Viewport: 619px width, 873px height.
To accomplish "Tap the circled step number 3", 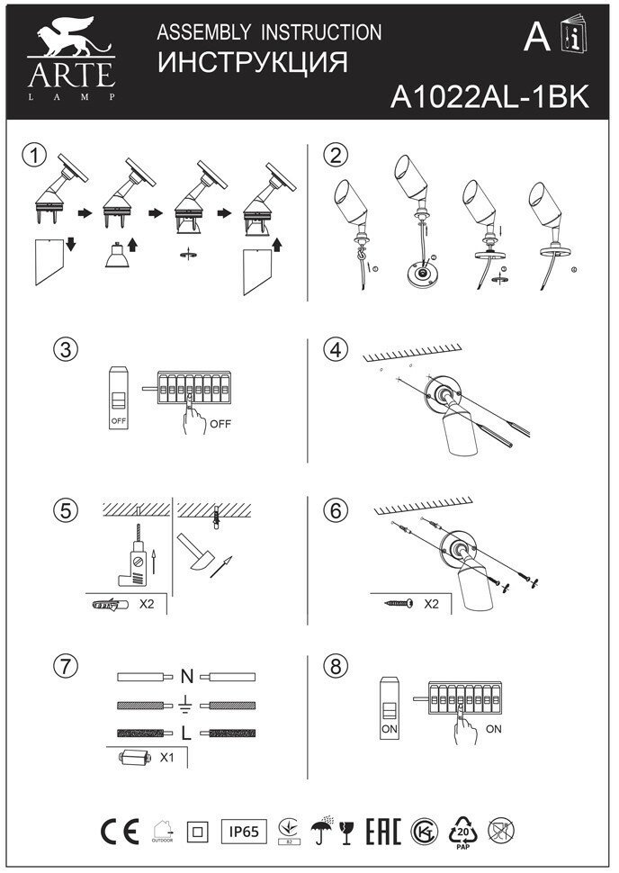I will (x=64, y=349).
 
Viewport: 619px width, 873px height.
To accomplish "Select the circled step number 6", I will (x=336, y=510).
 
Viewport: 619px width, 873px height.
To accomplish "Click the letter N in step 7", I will (x=187, y=676).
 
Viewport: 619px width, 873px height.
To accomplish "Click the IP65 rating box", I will (x=244, y=832).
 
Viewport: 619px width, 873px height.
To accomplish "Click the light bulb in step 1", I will (x=115, y=258).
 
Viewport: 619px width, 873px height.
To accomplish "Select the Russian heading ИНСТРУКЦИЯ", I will (x=252, y=64).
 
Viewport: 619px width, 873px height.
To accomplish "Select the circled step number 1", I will (x=34, y=154).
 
